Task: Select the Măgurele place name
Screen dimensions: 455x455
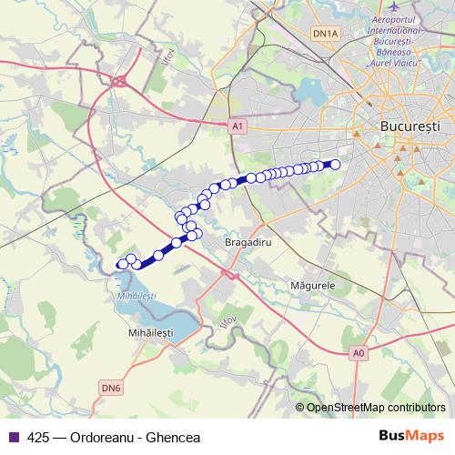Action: pyautogui.click(x=312, y=285)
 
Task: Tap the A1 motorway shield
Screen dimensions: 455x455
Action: pyautogui.click(x=238, y=128)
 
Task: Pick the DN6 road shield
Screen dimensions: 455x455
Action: pyautogui.click(x=111, y=388)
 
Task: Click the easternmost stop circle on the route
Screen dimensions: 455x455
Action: pyautogui.click(x=335, y=164)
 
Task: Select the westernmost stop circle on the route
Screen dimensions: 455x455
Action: pyautogui.click(x=122, y=264)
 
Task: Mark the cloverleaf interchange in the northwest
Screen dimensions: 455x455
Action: pyautogui.click(x=118, y=81)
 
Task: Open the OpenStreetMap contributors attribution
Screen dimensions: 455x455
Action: pyautogui.click(x=378, y=408)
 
